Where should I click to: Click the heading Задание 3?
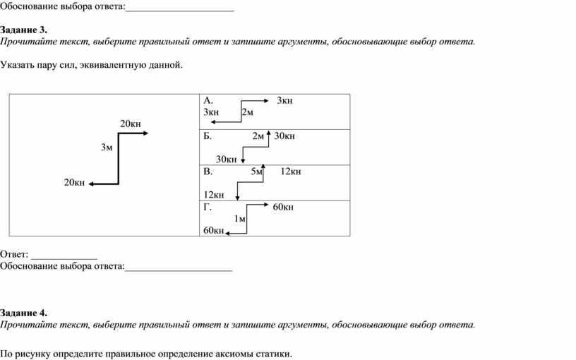click(x=23, y=30)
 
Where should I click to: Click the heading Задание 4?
click(x=23, y=313)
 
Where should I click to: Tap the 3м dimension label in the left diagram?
click(x=107, y=148)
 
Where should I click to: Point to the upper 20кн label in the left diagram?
click(x=131, y=124)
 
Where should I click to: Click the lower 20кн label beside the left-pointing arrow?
click(x=74, y=183)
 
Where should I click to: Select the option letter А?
click(x=208, y=100)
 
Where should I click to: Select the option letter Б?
click(x=208, y=136)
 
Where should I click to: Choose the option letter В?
click(x=208, y=172)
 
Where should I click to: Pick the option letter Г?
click(x=208, y=207)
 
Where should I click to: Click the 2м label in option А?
click(x=247, y=112)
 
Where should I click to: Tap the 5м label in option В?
click(x=257, y=172)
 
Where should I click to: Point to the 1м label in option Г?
click(x=240, y=219)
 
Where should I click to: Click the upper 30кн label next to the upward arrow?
click(x=284, y=136)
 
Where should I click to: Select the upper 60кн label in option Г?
click(x=283, y=208)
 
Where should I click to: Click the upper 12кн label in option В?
click(x=291, y=172)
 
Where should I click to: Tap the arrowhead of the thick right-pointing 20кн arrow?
click(x=146, y=133)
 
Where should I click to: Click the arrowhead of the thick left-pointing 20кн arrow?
click(x=92, y=184)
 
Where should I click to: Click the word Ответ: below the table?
click(x=14, y=254)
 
